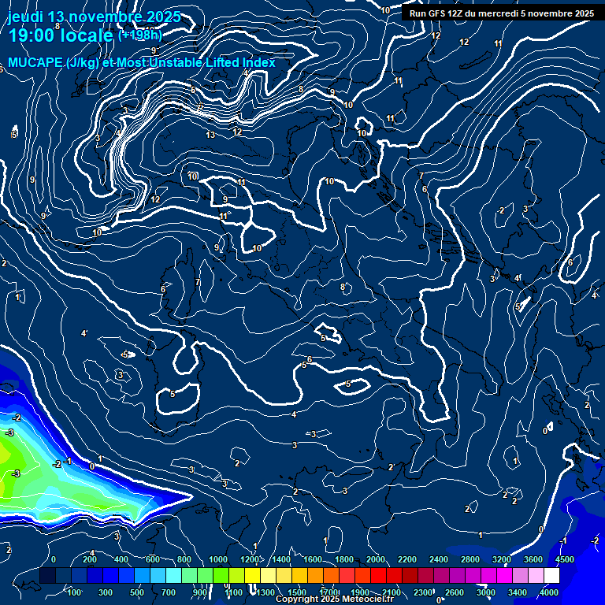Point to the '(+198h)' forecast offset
(x=139, y=35)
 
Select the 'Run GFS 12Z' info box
(x=501, y=13)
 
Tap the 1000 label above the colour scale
(x=217, y=559)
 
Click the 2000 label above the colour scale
(x=376, y=559)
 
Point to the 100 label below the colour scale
(x=76, y=592)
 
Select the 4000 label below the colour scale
(x=549, y=592)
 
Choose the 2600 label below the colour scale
(x=454, y=592)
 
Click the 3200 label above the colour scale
(x=502, y=559)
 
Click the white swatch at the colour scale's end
(x=551, y=576)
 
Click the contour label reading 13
(x=210, y=135)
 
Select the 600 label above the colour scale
(x=153, y=559)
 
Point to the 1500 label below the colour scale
(x=297, y=592)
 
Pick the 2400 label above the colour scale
(x=439, y=559)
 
